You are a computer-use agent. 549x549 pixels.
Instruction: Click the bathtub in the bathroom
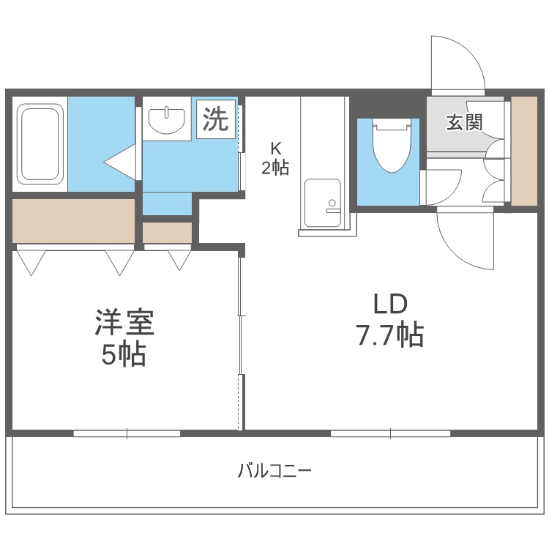coord(40,144)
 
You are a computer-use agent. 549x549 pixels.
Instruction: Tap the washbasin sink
coord(167,121)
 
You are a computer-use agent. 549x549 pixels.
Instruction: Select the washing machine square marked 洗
coord(216,119)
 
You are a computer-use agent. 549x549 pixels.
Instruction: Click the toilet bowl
coord(392,146)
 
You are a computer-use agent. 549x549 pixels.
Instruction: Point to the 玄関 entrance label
coord(464,122)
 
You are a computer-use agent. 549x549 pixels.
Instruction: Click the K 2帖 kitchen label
coord(275,159)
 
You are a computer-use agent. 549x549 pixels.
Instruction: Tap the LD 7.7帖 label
coord(390,319)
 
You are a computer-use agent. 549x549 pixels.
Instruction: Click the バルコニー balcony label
coord(274,471)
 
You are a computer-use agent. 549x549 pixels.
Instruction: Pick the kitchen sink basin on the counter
coord(323,203)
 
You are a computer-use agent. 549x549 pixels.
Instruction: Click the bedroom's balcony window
coord(127,433)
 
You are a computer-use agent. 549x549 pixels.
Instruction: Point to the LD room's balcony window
coord(391,433)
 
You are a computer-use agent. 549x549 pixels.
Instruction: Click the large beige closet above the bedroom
coord(73,220)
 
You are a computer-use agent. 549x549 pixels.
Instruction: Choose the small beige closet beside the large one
coord(168,233)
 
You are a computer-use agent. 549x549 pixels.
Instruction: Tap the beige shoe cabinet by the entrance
coord(524,151)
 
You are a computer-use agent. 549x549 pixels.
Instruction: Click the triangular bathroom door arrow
coord(119,163)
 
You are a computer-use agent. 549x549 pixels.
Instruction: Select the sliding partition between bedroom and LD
coord(241,344)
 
